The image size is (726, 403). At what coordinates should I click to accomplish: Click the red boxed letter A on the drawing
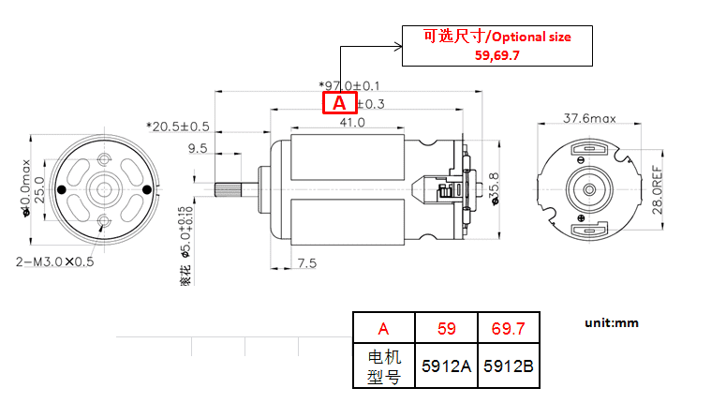click(x=339, y=103)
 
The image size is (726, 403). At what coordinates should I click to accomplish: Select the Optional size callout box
click(x=496, y=46)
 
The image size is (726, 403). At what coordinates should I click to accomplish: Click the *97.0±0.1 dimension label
click(x=348, y=85)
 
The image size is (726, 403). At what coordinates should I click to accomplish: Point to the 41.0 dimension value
click(x=352, y=122)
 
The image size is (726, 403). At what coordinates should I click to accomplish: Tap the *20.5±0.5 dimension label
click(x=178, y=126)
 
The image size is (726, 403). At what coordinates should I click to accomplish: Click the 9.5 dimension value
click(x=198, y=148)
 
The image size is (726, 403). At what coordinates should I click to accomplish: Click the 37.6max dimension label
click(x=589, y=119)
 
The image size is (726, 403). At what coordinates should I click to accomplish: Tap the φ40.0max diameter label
click(x=26, y=187)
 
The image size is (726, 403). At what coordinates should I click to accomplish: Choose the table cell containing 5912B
click(x=509, y=366)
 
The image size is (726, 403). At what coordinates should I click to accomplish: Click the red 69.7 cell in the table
click(x=509, y=328)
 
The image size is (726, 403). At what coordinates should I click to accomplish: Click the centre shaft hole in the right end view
click(x=590, y=190)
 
